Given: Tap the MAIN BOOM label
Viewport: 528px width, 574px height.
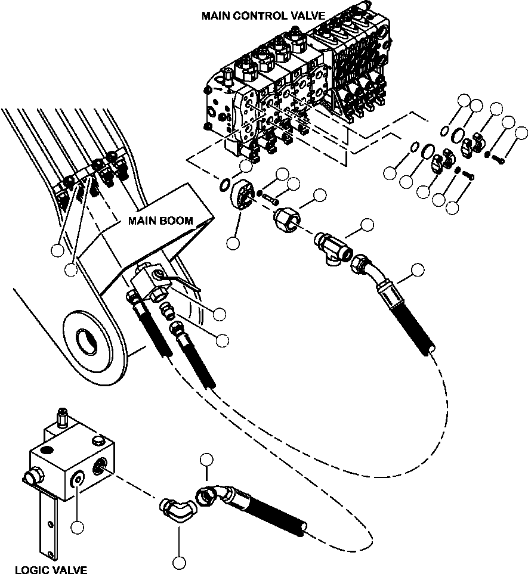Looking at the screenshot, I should pyautogui.click(x=160, y=221).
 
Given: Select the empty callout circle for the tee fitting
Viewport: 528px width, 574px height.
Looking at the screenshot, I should pyautogui.click(x=367, y=225).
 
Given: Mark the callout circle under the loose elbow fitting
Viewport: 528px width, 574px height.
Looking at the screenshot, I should pyautogui.click(x=178, y=561).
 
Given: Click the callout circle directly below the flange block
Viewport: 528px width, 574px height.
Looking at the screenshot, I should pyautogui.click(x=233, y=243).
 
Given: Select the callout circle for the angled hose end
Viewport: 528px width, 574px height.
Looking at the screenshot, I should pyautogui.click(x=418, y=269).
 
